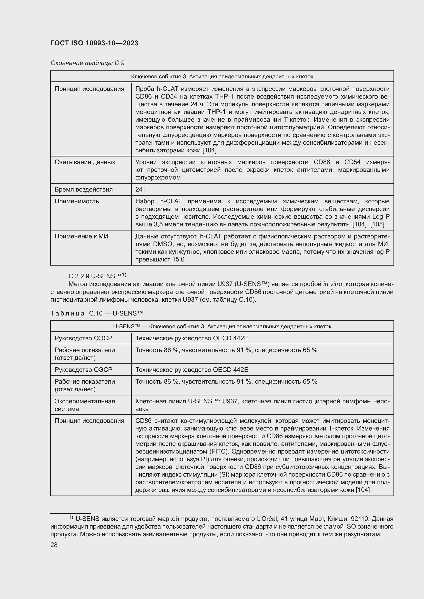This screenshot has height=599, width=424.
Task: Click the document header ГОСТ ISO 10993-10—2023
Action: (x=94, y=43)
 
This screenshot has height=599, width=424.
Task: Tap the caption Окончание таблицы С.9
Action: (x=87, y=63)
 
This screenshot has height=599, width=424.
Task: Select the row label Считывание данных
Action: (x=85, y=162)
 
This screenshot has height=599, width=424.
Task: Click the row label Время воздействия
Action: (x=84, y=190)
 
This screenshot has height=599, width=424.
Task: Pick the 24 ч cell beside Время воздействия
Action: (x=141, y=190)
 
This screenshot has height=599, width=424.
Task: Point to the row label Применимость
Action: (x=77, y=201)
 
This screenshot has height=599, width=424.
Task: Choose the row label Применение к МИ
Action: (x=82, y=237)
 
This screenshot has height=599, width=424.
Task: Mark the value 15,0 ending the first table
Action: (x=178, y=260)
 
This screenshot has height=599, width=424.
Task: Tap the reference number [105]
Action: (x=377, y=225)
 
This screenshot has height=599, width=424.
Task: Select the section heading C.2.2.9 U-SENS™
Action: (x=97, y=276)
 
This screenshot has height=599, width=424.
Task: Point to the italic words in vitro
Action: (x=331, y=284)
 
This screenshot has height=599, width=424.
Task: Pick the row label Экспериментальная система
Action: (x=85, y=405)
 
